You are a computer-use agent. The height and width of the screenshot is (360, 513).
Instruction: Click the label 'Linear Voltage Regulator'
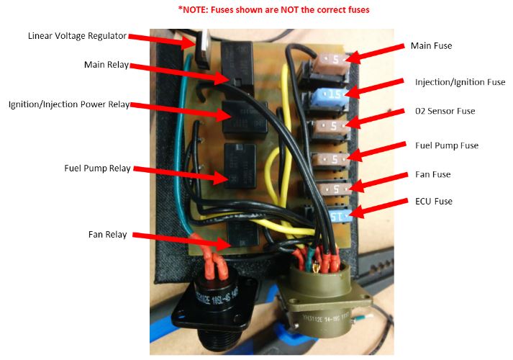[x=77, y=36]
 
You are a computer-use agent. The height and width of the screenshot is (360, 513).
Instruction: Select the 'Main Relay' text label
[x=106, y=64]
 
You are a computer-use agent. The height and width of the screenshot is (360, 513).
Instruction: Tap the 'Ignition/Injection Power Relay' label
[x=69, y=104]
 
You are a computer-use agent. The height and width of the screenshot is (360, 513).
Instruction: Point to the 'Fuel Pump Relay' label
[x=96, y=168]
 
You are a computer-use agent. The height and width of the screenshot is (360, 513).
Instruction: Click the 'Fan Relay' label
[x=107, y=235]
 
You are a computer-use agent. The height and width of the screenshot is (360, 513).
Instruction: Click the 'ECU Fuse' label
[x=433, y=202]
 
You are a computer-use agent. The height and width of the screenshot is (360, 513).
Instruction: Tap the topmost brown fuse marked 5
[x=337, y=61]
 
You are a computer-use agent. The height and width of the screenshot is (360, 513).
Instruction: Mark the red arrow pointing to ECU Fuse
[x=381, y=209]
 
